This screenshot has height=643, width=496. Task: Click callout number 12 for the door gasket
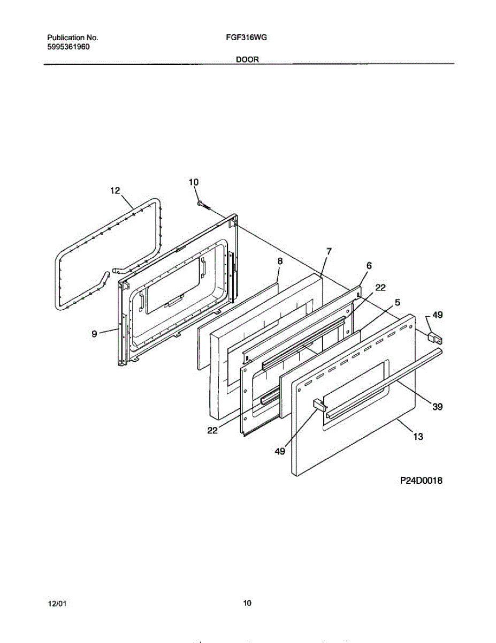pos(115,190)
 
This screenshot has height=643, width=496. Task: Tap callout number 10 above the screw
pos(194,182)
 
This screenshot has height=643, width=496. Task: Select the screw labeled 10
pos(203,205)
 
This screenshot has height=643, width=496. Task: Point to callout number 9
pos(94,334)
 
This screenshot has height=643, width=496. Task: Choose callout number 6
pos(369,265)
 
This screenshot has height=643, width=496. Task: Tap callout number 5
pos(396,302)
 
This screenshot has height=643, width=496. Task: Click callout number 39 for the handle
pos(438,407)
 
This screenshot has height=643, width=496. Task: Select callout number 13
pos(418,437)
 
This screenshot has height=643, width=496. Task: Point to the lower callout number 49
pos(279,452)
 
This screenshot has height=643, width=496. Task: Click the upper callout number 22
pos(380,288)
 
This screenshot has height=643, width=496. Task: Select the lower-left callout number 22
pos(213,430)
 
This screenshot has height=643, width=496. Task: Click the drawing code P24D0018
pos(421,481)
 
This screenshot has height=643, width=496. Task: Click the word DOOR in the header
pos(247,60)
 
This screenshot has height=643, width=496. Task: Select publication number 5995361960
pos(68,47)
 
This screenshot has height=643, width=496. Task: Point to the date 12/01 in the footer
pos(57,604)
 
